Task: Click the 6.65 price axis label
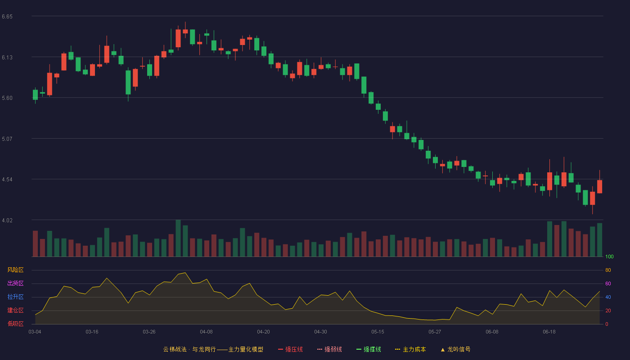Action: pyautogui.click(x=7, y=17)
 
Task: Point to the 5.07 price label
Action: pyautogui.click(x=7, y=139)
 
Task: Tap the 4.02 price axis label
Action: pyautogui.click(x=7, y=220)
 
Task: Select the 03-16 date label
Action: pyautogui.click(x=92, y=332)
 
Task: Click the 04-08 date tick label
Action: pyautogui.click(x=206, y=332)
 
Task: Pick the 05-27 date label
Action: pyautogui.click(x=435, y=332)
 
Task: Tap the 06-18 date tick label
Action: pyautogui.click(x=549, y=332)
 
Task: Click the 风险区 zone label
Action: pyautogui.click(x=15, y=270)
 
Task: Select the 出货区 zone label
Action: pyautogui.click(x=15, y=283)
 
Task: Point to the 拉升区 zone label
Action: pyautogui.click(x=15, y=297)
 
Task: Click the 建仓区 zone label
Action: pyautogui.click(x=15, y=310)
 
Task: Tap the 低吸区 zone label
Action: pyautogui.click(x=15, y=324)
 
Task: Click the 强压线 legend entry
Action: pyautogui.click(x=290, y=349)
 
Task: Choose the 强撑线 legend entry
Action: pyautogui.click(x=369, y=349)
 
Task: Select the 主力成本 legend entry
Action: pyautogui.click(x=410, y=349)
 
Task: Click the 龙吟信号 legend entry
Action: pyautogui.click(x=455, y=349)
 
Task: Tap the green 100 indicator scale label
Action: pyautogui.click(x=609, y=256)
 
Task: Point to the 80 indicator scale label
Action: pyautogui.click(x=608, y=270)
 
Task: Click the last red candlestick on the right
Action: pyautogui.click(x=599, y=186)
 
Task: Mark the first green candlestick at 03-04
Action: pyautogui.click(x=35, y=95)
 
